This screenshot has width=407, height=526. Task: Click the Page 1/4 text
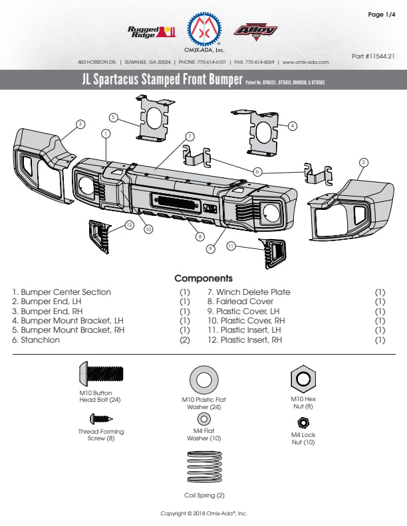[381, 15]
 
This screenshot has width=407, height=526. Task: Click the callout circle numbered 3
[80, 124]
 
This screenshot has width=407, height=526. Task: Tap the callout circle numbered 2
[363, 162]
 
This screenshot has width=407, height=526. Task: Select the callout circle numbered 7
[190, 135]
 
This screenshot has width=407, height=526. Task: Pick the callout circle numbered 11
[231, 246]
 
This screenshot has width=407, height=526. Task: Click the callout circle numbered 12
[130, 224]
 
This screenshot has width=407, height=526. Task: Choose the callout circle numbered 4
[293, 125]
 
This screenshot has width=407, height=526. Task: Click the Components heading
[203, 278]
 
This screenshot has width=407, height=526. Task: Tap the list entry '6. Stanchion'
[36, 340]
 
